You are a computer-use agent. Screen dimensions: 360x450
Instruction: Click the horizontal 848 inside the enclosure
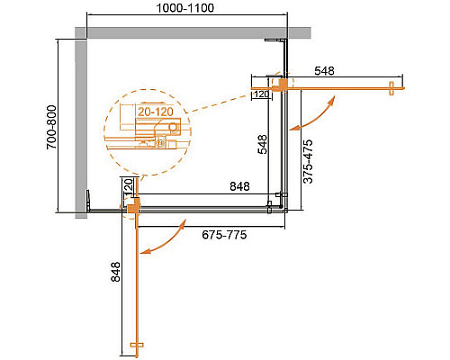pyautogui.click(x=239, y=187)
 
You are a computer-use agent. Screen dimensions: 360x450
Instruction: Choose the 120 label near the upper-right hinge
pyautogui.click(x=262, y=93)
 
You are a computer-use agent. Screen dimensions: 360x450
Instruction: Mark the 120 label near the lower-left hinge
pyautogui.click(x=128, y=187)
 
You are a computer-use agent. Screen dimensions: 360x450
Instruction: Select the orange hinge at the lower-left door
pyautogui.click(x=133, y=209)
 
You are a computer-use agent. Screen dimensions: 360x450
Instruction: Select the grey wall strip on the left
pyautogui.click(x=79, y=126)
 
